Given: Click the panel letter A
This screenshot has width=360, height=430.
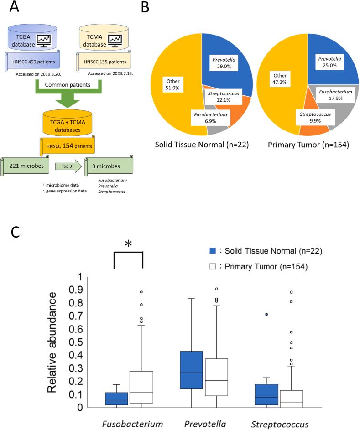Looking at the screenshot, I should click(x=12, y=8).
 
